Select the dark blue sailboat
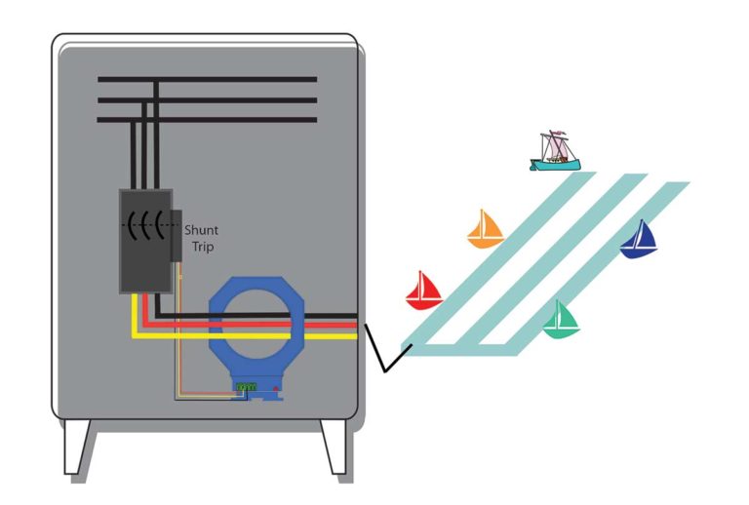pos(640,240)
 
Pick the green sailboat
pos(561,319)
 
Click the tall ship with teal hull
pos(554,152)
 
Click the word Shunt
pos(202,230)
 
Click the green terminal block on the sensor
pos(245,387)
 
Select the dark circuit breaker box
pos(144,240)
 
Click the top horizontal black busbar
pos(207,79)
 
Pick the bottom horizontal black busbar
pos(207,120)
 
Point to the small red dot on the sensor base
pos(276,390)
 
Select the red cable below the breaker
pos(146,312)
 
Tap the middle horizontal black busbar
pos(207,99)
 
